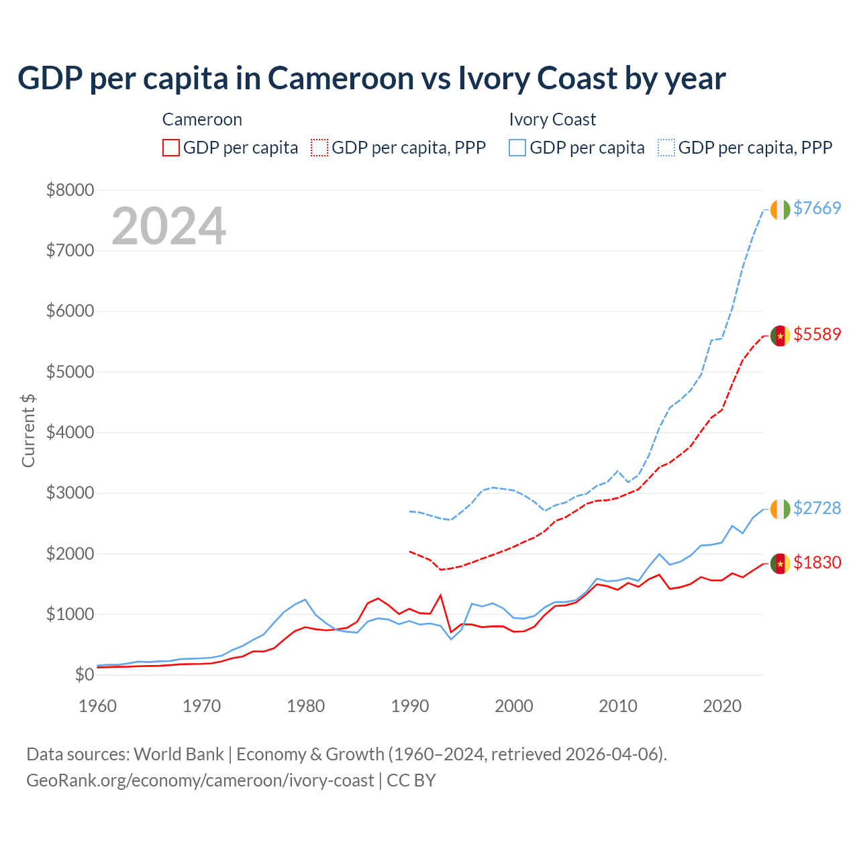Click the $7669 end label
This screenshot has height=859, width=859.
817,208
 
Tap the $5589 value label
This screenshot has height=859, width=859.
817,334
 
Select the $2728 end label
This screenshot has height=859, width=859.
817,508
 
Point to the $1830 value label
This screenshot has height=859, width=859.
817,562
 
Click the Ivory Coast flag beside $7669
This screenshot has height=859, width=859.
780,209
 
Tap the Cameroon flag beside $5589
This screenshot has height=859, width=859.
780,336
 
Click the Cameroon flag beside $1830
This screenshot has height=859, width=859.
780,564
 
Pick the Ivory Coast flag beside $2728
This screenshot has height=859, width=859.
780,509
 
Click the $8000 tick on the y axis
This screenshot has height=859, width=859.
70,190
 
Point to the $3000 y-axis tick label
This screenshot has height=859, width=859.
70,493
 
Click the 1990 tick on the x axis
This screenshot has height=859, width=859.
410,706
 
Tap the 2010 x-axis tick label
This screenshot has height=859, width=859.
618,706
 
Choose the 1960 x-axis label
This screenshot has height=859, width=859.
98,706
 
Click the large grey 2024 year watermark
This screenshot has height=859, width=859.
168,226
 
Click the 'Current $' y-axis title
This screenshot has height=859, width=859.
28,431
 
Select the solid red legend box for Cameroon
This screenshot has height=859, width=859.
171,148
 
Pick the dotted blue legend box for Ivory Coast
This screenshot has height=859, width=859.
666,148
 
